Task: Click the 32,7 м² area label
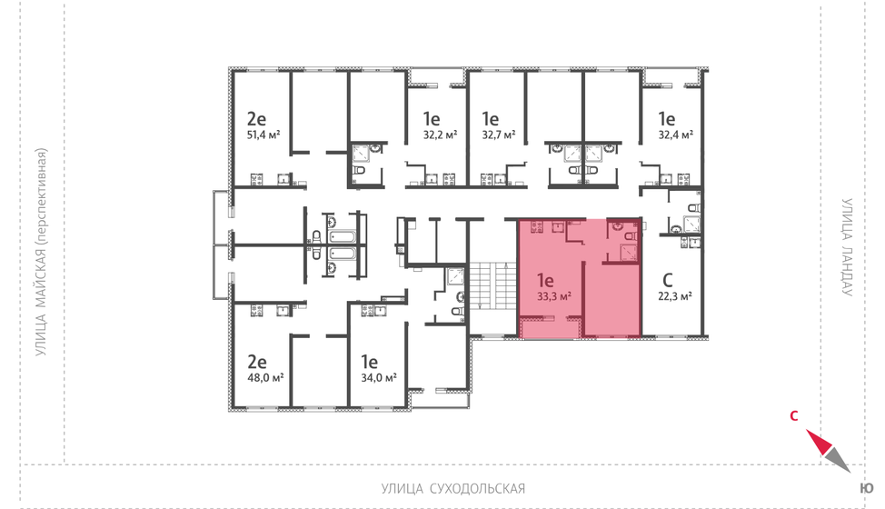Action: tap(498, 135)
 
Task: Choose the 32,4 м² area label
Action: tap(675, 135)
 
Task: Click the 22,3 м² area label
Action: tap(675, 296)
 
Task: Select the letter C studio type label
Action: tap(667, 280)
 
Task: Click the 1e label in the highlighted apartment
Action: tap(545, 280)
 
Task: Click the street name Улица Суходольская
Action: tap(453, 489)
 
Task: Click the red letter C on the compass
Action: tap(793, 417)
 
